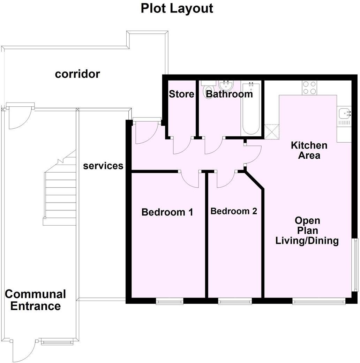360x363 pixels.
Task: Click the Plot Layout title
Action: coord(177,8)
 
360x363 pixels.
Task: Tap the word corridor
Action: coord(77,74)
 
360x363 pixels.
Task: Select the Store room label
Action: coord(181,94)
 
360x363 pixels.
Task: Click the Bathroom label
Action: coord(229,94)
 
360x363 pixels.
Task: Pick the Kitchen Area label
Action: coord(309,150)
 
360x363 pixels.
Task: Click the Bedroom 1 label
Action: coord(167,212)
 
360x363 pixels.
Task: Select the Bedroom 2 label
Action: coord(234,211)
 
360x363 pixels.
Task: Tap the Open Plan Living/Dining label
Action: coord(307,230)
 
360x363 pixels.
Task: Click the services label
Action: coord(103,166)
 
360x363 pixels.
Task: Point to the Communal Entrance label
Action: coord(35,300)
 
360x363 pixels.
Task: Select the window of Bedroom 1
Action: coord(170,301)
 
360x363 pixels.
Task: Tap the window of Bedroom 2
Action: coord(235,301)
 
